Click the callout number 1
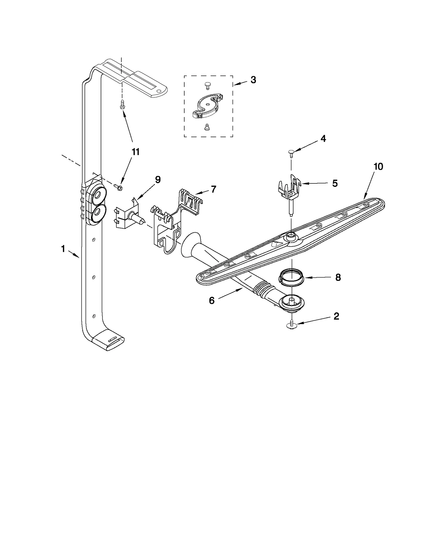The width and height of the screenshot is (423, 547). tap(63, 249)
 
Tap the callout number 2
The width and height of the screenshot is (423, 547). tap(336, 316)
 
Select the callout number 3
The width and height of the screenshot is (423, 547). tap(253, 80)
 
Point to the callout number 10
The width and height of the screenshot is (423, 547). tap(378, 166)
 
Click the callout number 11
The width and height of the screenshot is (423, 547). tap(135, 152)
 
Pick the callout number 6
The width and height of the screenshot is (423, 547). tap(212, 300)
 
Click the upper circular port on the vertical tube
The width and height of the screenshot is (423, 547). tap(97, 196)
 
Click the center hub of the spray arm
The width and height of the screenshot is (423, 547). tap(291, 235)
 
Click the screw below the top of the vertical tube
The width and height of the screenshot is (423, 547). tap(122, 104)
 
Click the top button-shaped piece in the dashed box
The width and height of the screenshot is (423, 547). tap(208, 85)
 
